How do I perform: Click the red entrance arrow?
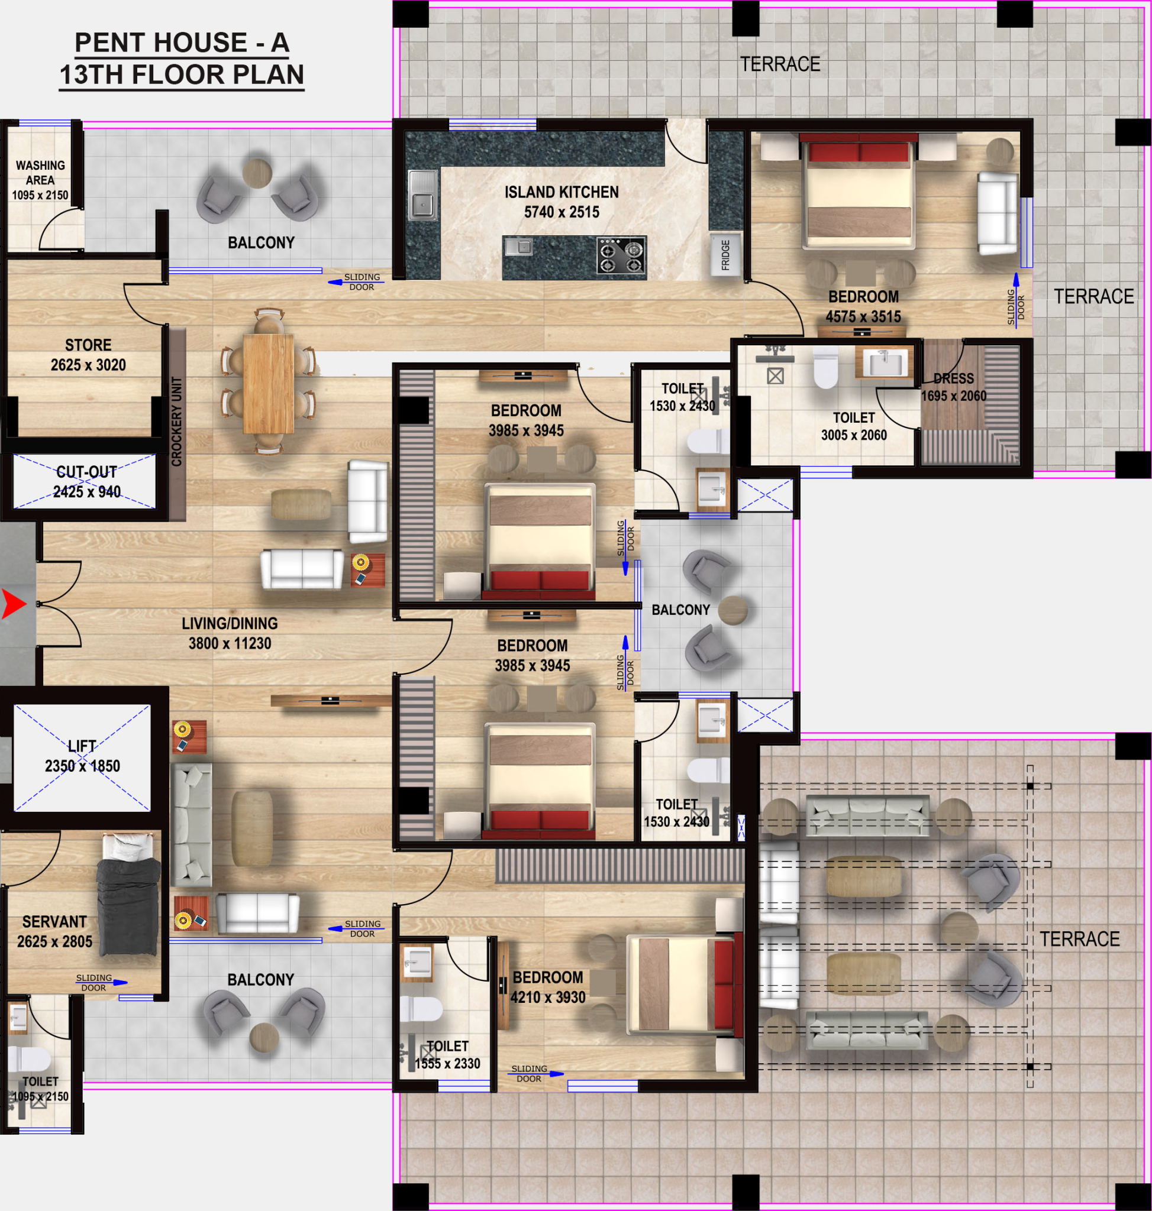[x=14, y=604]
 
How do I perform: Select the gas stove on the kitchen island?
[x=621, y=255]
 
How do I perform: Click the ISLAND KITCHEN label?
[x=562, y=192]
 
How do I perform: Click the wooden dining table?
[x=269, y=383]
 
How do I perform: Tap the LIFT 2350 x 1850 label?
[x=82, y=756]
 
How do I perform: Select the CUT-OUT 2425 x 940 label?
[x=86, y=482]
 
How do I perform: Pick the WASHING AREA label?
[x=40, y=173]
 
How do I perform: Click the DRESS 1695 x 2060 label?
[x=954, y=387]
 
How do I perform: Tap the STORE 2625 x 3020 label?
[x=88, y=355]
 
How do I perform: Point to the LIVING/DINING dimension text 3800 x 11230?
[x=230, y=643]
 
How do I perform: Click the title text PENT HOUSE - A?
[x=182, y=43]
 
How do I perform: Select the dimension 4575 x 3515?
[x=863, y=317]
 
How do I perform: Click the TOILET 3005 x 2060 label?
[x=854, y=426]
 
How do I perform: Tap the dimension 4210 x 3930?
[x=548, y=998]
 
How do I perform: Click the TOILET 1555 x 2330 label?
[x=447, y=1054]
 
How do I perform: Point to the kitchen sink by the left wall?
[x=422, y=195]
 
